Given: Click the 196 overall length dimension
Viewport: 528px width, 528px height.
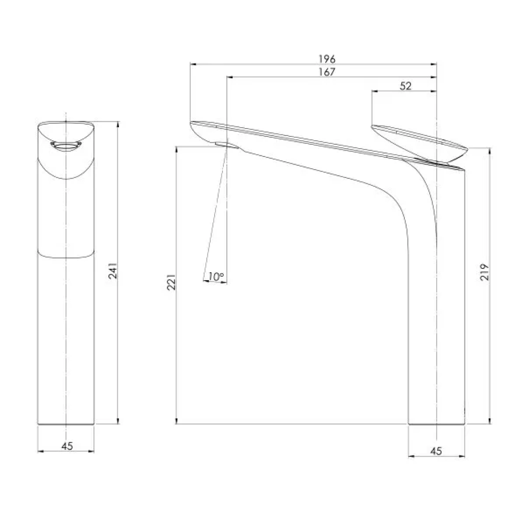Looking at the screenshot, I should (x=327, y=59).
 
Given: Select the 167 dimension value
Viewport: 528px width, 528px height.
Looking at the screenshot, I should (x=327, y=72).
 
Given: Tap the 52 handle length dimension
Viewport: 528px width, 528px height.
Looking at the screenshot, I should (x=405, y=86).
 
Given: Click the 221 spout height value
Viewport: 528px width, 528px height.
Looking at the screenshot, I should (x=171, y=283).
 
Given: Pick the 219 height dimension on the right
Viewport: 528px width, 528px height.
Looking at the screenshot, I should (x=484, y=272).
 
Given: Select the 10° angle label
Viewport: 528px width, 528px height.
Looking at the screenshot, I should (x=215, y=277).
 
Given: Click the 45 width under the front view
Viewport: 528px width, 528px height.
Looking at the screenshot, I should (x=67, y=445).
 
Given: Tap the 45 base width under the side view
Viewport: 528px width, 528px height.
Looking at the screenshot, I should (x=437, y=451).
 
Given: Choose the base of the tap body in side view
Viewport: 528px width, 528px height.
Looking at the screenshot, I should (x=437, y=422).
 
